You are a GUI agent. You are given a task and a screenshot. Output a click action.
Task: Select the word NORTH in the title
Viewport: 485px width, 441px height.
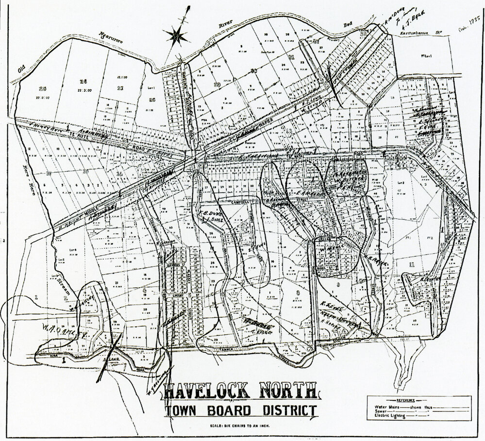pos(286,391)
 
